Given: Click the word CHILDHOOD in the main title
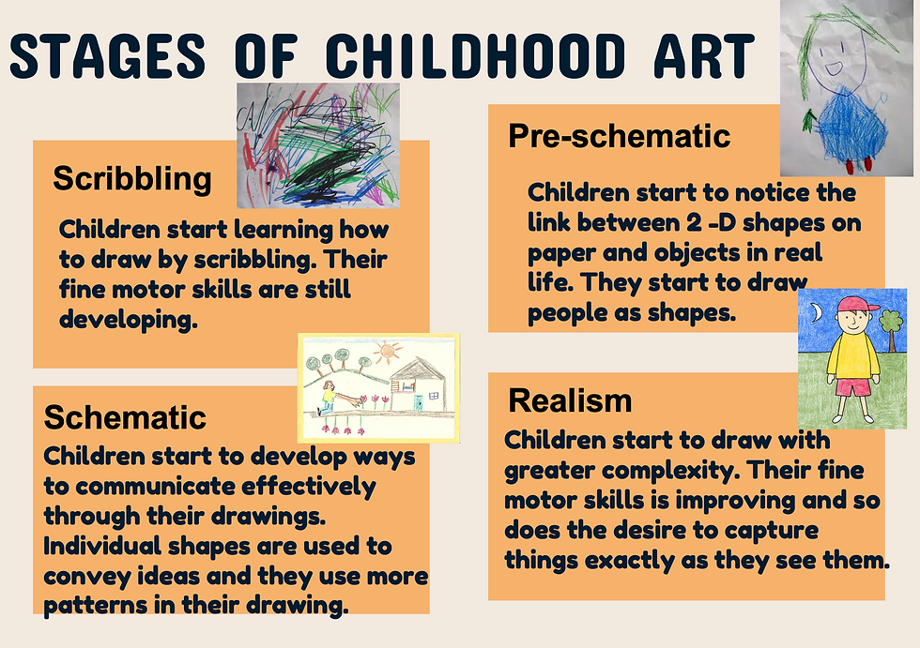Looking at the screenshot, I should (x=475, y=55).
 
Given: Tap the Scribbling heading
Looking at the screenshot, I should (x=131, y=177).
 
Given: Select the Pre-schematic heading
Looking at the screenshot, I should (x=619, y=136).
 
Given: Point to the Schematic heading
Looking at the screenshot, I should (x=125, y=415).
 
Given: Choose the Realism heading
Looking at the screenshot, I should (x=570, y=401).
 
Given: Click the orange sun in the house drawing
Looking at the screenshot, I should (x=388, y=354).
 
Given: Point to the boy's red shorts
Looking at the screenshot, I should (x=852, y=386).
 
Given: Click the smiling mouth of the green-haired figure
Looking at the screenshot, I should (x=831, y=68).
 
